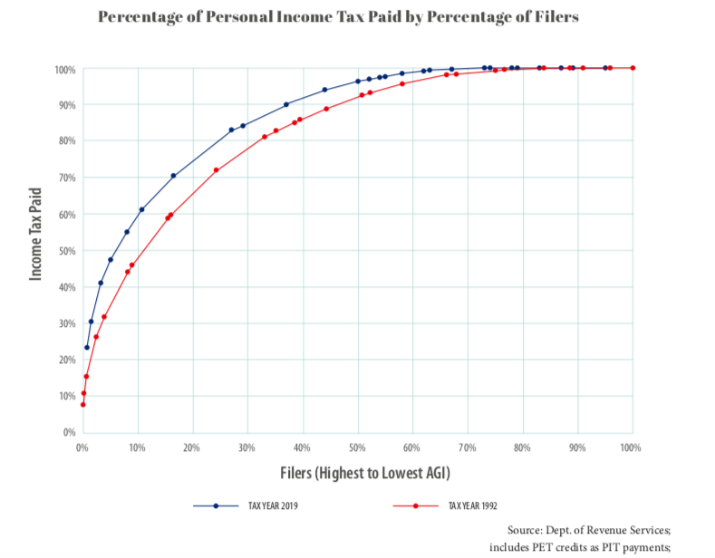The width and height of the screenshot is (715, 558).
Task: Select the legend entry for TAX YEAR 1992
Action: (471, 506)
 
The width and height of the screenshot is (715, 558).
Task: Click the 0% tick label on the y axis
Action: (67, 432)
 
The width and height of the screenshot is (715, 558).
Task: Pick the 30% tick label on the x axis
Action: (246, 447)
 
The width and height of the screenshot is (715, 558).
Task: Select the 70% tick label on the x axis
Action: (467, 447)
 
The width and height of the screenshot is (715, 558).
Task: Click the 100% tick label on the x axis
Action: (631, 447)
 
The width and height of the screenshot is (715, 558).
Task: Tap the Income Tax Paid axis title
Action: (36, 232)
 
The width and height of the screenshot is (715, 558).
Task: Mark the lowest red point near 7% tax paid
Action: (82, 404)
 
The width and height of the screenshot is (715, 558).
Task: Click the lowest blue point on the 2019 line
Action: (87, 347)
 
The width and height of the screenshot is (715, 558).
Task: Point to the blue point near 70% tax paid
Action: (173, 176)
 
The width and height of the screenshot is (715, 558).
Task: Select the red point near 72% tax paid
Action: (217, 170)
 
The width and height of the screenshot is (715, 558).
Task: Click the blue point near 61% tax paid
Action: (141, 209)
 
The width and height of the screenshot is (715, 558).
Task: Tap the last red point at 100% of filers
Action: (633, 68)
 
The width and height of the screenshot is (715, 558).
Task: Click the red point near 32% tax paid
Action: (104, 317)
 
